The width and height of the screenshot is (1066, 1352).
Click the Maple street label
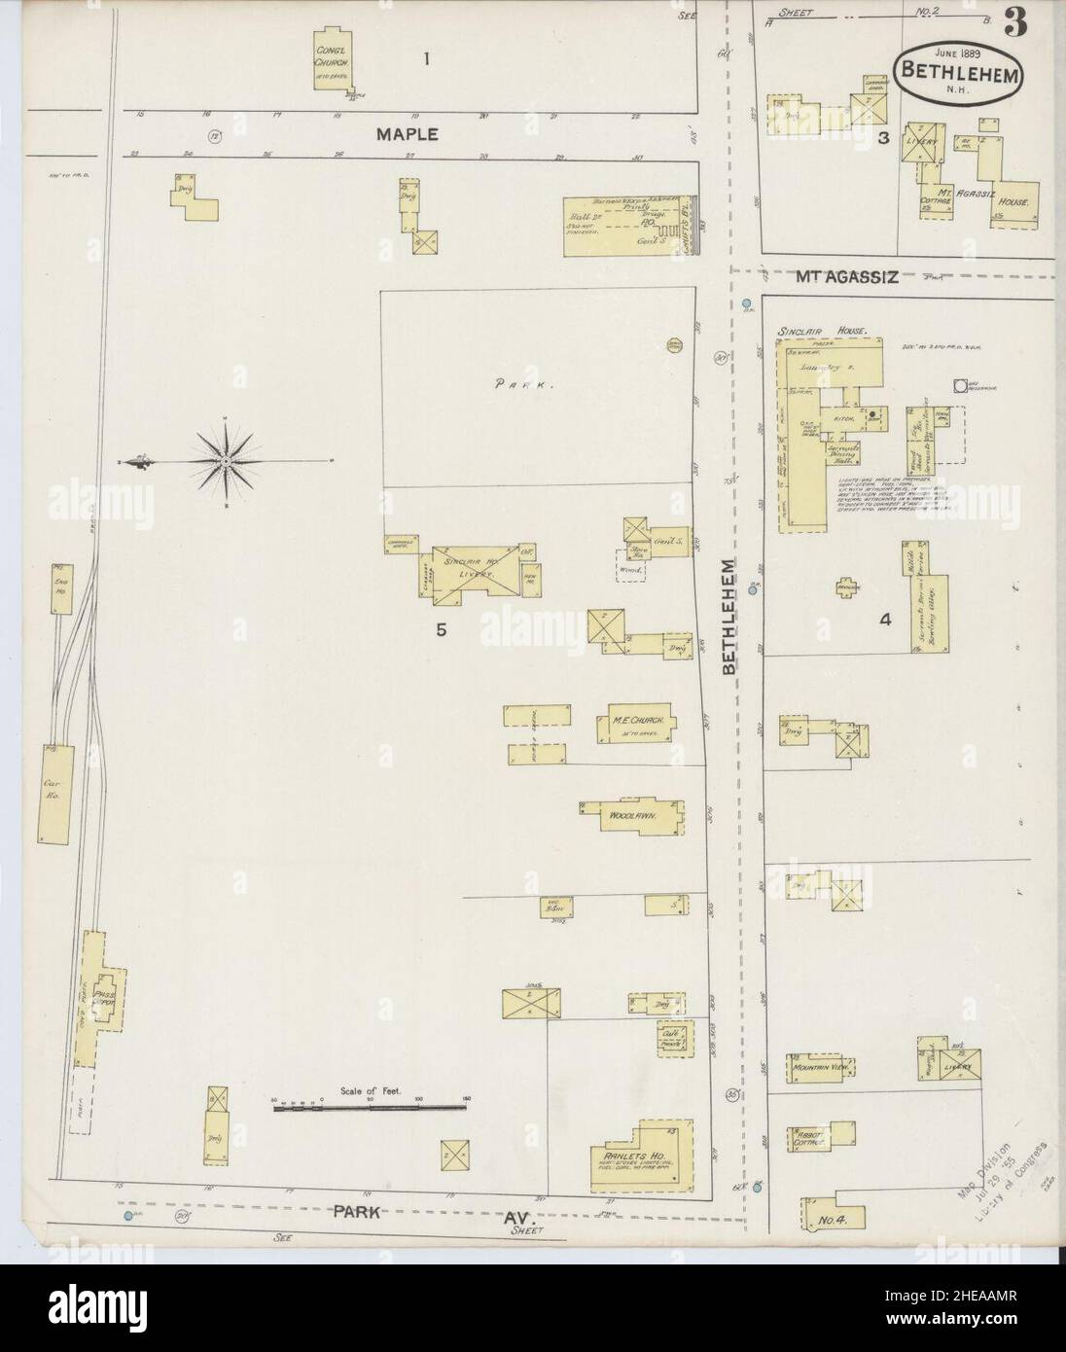click(409, 134)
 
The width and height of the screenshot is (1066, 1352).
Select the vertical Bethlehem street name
click(730, 618)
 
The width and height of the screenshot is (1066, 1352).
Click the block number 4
click(884, 618)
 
